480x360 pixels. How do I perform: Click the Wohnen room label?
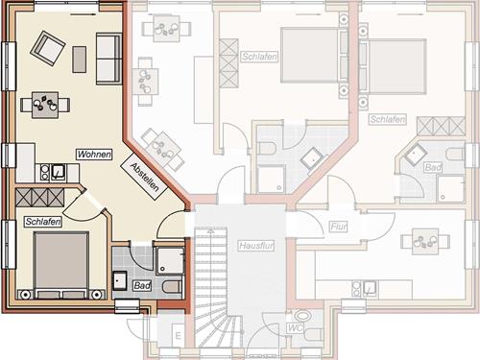[94, 155]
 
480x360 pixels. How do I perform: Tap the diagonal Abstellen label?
[144, 177]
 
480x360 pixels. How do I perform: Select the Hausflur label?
[256, 246]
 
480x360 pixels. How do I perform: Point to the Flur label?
[339, 227]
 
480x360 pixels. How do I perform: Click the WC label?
[295, 328]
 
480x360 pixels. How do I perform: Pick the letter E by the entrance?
[179, 336]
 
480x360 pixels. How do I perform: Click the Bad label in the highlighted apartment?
[142, 285]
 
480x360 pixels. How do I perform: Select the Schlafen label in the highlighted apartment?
[43, 222]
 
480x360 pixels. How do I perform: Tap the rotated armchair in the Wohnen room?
[48, 48]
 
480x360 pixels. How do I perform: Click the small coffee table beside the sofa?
[80, 60]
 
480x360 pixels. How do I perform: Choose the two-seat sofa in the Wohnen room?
[108, 59]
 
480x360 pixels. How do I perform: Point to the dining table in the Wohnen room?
[45, 105]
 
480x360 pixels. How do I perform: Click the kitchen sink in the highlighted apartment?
[59, 173]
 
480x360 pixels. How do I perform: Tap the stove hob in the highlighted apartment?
[44, 173]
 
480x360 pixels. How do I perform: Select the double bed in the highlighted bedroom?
[61, 266]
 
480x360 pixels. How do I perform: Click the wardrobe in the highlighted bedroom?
[39, 197]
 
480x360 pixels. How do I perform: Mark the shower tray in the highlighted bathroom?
[170, 260]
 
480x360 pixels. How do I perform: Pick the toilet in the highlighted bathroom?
[173, 287]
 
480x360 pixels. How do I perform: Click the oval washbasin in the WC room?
[302, 316]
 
